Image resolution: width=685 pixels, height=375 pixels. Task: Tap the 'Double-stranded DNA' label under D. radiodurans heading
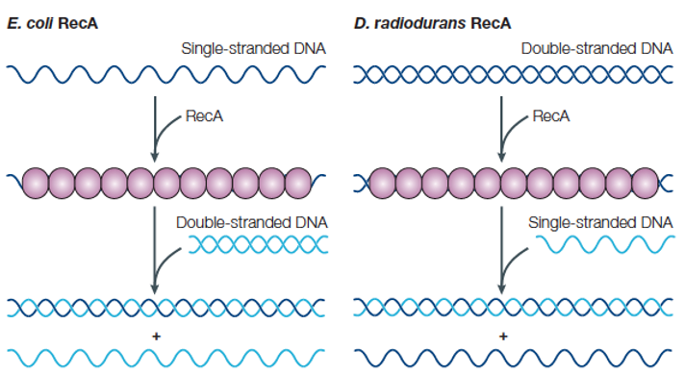click(x=596, y=47)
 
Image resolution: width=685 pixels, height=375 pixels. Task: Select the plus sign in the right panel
click(x=502, y=336)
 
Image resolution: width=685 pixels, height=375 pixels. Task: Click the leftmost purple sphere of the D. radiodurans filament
click(x=383, y=181)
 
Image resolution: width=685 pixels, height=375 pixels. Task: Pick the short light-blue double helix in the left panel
click(x=258, y=247)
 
